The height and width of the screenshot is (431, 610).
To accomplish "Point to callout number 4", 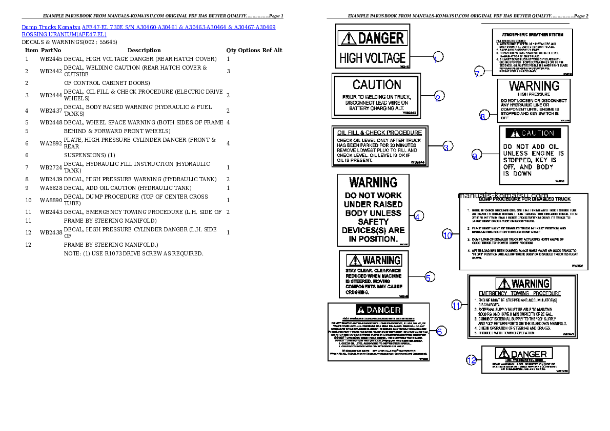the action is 419,216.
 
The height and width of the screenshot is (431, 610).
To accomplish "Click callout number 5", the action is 430,277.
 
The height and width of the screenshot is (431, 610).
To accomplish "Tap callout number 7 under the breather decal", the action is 478,72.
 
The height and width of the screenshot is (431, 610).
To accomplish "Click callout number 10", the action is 448,234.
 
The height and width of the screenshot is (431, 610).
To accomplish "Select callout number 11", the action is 456,305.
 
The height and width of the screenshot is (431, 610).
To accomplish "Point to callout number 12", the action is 472,360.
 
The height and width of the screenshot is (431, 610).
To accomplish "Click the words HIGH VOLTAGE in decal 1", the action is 372,58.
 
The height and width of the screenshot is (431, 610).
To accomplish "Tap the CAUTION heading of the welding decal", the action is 377,84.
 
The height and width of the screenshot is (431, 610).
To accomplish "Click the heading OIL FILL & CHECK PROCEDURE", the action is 379,133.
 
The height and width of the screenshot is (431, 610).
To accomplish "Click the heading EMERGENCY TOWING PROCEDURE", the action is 520,294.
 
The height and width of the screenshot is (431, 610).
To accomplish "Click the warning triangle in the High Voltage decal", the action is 349,38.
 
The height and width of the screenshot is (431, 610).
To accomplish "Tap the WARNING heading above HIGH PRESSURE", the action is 534,85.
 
